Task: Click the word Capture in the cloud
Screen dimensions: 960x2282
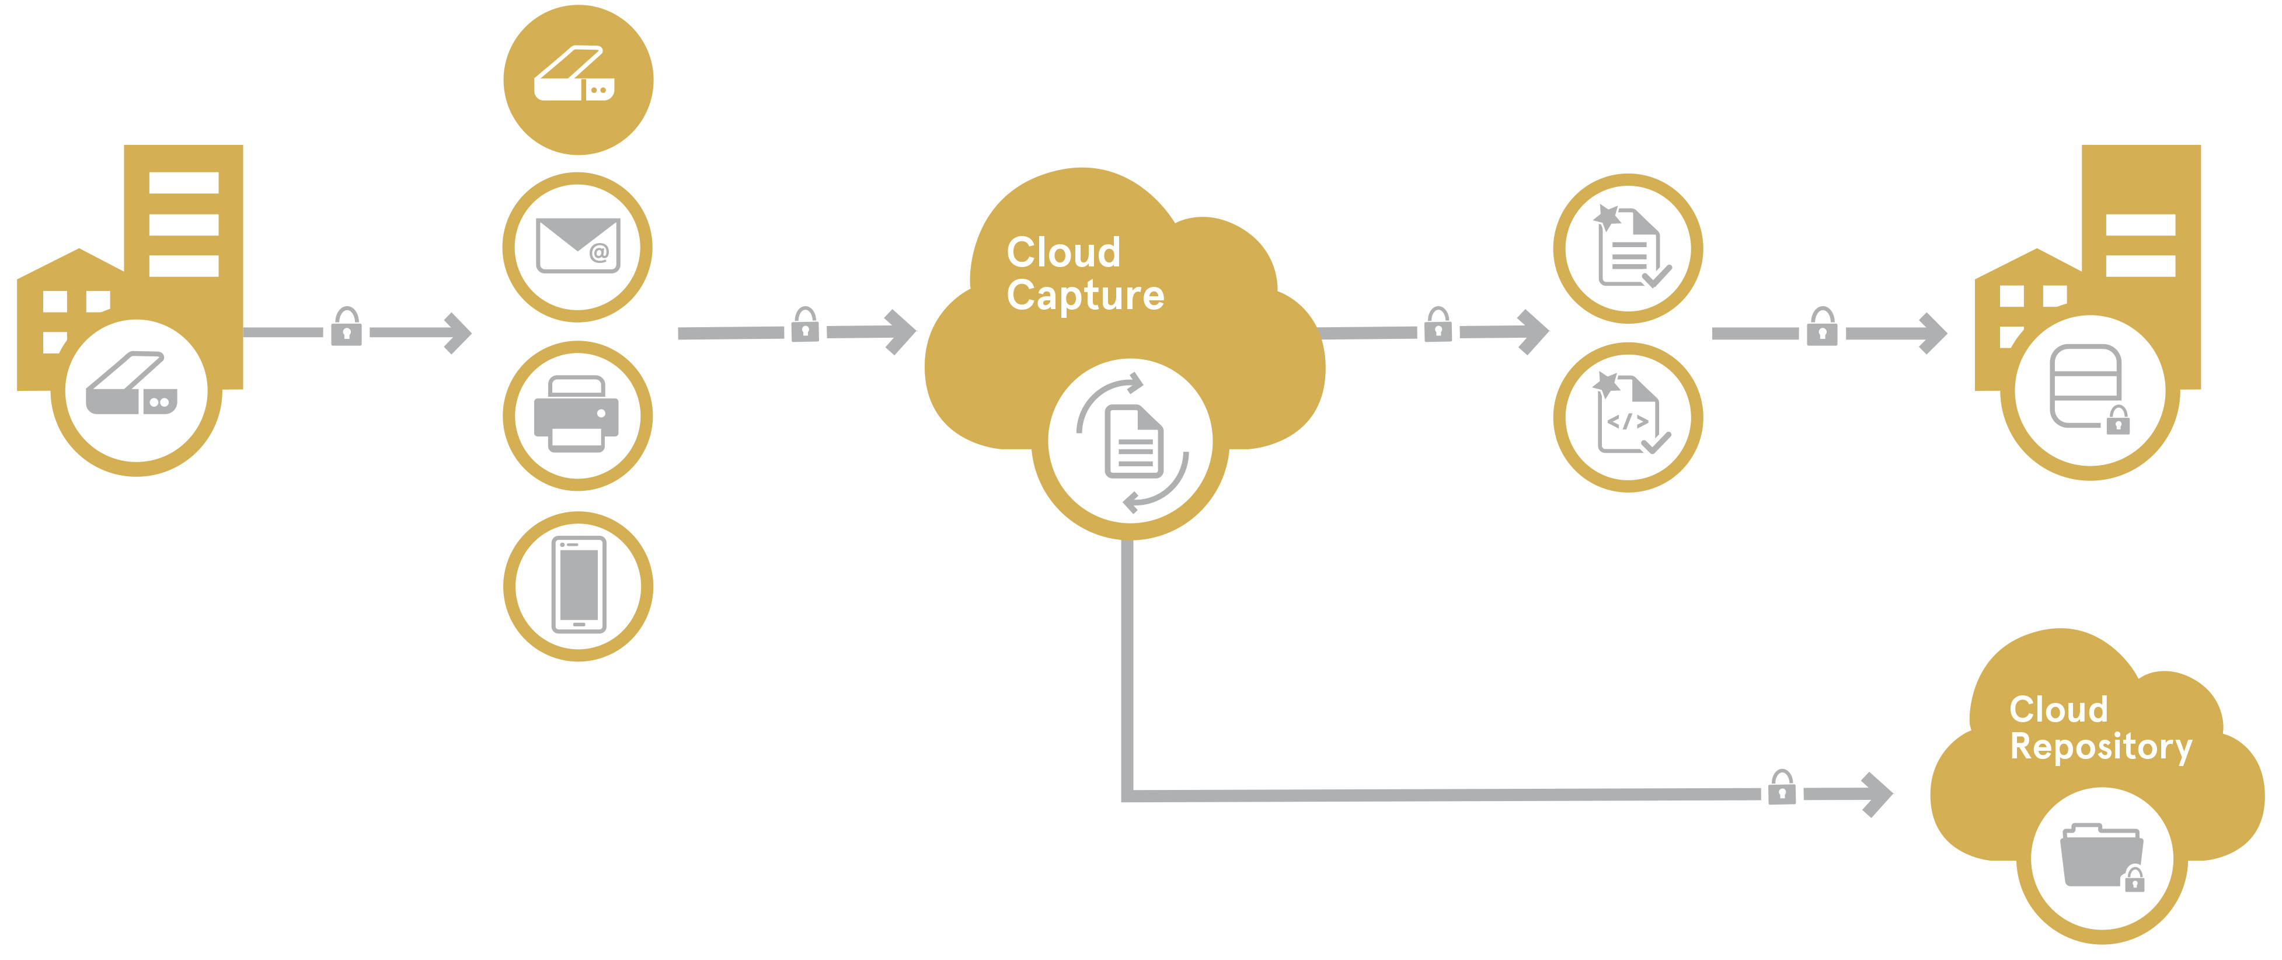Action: (x=1085, y=295)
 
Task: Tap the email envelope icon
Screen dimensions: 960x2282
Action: (x=577, y=245)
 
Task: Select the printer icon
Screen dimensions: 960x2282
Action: (x=577, y=414)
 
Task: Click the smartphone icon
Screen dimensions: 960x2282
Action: (x=579, y=585)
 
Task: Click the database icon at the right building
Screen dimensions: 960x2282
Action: (x=2085, y=386)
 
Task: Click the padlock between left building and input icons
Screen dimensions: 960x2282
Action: (x=346, y=327)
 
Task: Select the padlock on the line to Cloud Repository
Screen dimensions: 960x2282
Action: (x=1782, y=788)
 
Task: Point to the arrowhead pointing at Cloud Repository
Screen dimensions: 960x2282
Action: (x=1878, y=794)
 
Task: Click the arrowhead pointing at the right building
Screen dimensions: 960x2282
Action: (x=1935, y=333)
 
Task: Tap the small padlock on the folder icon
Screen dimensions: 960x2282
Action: (x=2134, y=879)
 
